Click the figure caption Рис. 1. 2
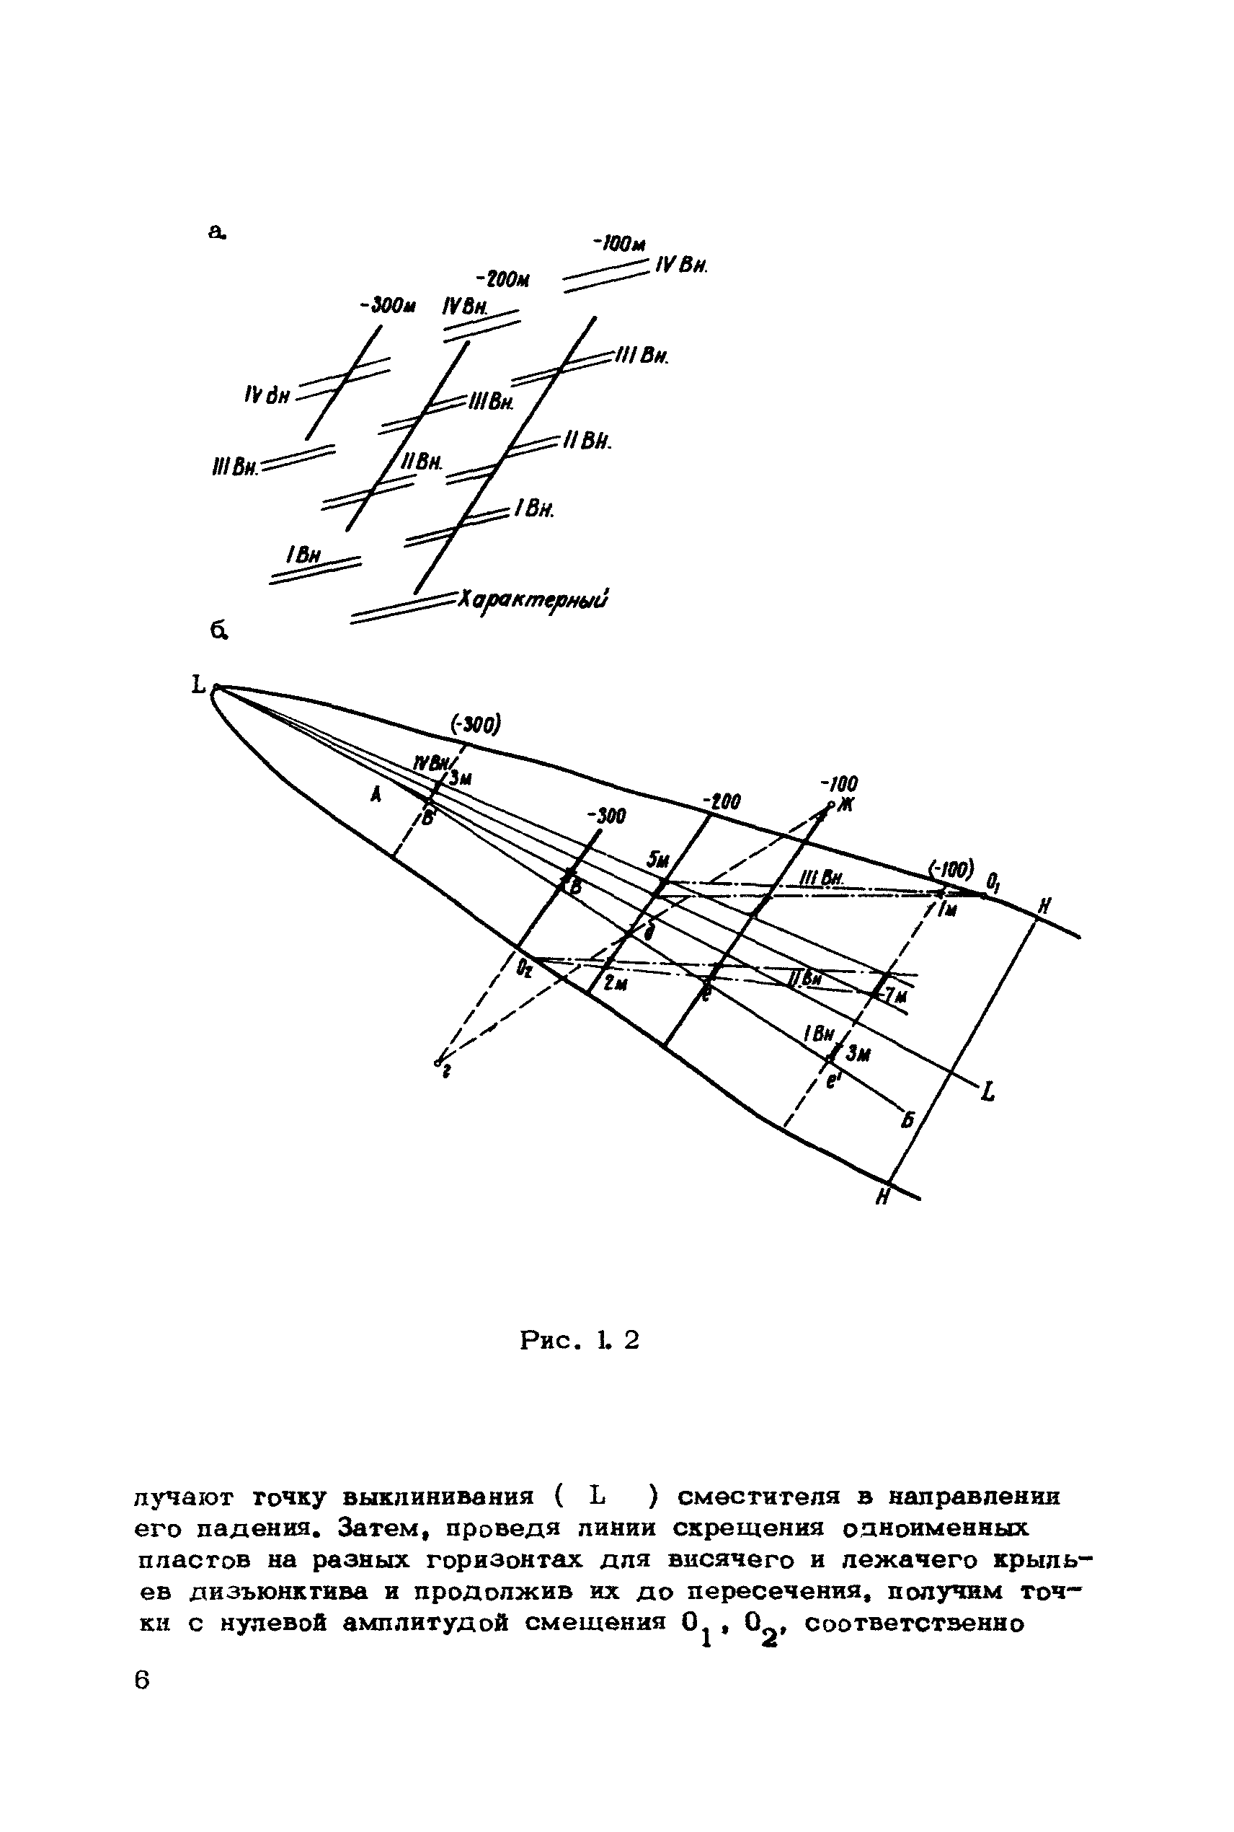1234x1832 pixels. point(580,1340)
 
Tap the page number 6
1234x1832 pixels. point(142,1680)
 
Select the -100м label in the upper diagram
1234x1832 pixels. point(618,245)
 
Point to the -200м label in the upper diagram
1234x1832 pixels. point(502,279)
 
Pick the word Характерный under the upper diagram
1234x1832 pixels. point(533,600)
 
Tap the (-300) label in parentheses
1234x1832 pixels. point(475,723)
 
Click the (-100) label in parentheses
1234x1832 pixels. point(951,870)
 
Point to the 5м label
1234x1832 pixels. point(657,860)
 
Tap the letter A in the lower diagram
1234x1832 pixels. point(376,796)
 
